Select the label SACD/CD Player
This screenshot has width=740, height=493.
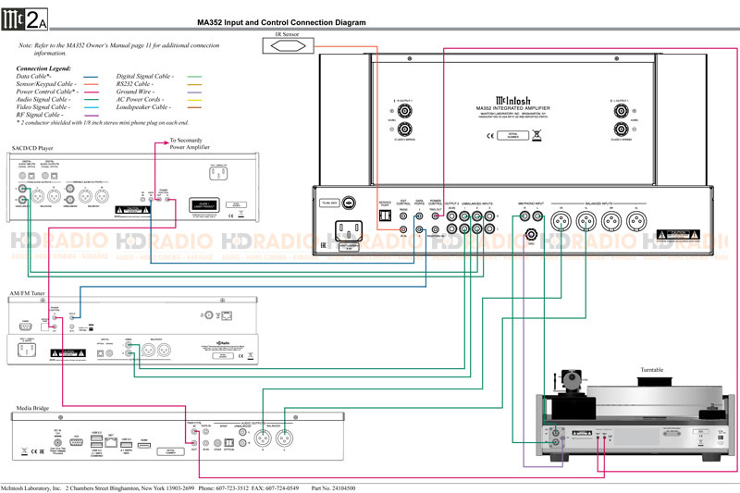coord(32,148)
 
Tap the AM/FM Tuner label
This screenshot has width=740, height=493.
coord(28,293)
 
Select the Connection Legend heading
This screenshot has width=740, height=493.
coord(44,68)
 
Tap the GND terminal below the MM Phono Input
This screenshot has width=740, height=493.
coord(531,236)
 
